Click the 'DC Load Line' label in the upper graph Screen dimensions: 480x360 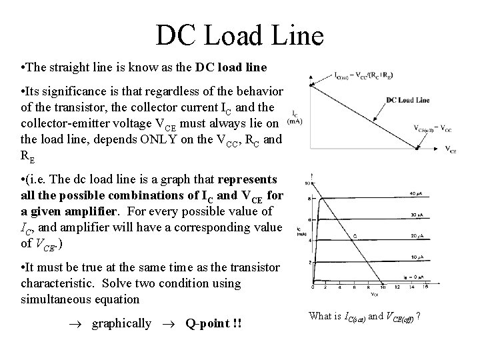pos(407,100)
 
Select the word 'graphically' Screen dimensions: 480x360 pos(121,323)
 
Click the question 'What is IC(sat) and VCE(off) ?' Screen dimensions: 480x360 pos(369,316)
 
